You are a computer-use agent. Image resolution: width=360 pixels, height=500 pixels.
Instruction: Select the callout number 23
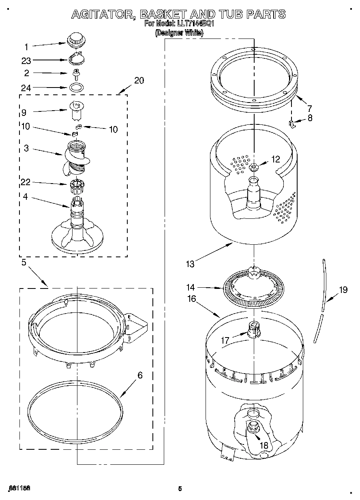point(26,61)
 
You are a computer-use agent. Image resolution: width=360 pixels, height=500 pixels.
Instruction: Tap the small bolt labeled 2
point(75,73)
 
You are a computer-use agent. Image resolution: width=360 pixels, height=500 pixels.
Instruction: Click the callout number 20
point(139,80)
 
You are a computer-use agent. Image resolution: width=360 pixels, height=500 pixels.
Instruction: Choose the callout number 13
point(190,264)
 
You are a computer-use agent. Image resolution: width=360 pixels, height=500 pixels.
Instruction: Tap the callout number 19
point(343,290)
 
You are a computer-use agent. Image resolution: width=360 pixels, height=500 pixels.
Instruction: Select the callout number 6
point(140,375)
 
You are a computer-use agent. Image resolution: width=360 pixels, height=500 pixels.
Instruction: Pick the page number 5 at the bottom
point(180,489)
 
